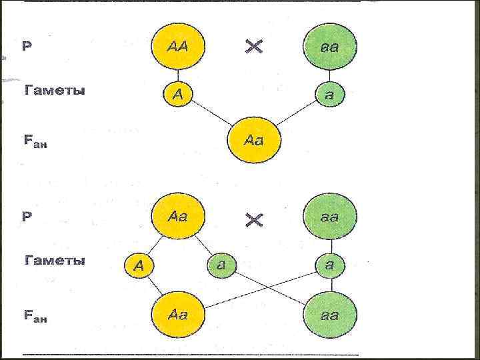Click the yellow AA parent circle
point(178,46)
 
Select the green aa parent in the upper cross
point(329,46)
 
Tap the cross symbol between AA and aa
point(254,46)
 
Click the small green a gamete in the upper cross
point(329,95)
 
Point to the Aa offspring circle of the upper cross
point(254,140)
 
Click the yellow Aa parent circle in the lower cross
point(178,217)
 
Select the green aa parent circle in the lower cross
point(329,217)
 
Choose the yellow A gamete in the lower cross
point(139,265)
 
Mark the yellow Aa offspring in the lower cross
point(178,313)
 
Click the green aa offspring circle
point(329,314)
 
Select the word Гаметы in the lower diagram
point(55,261)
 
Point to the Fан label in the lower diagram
point(35,317)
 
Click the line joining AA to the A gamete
point(178,75)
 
